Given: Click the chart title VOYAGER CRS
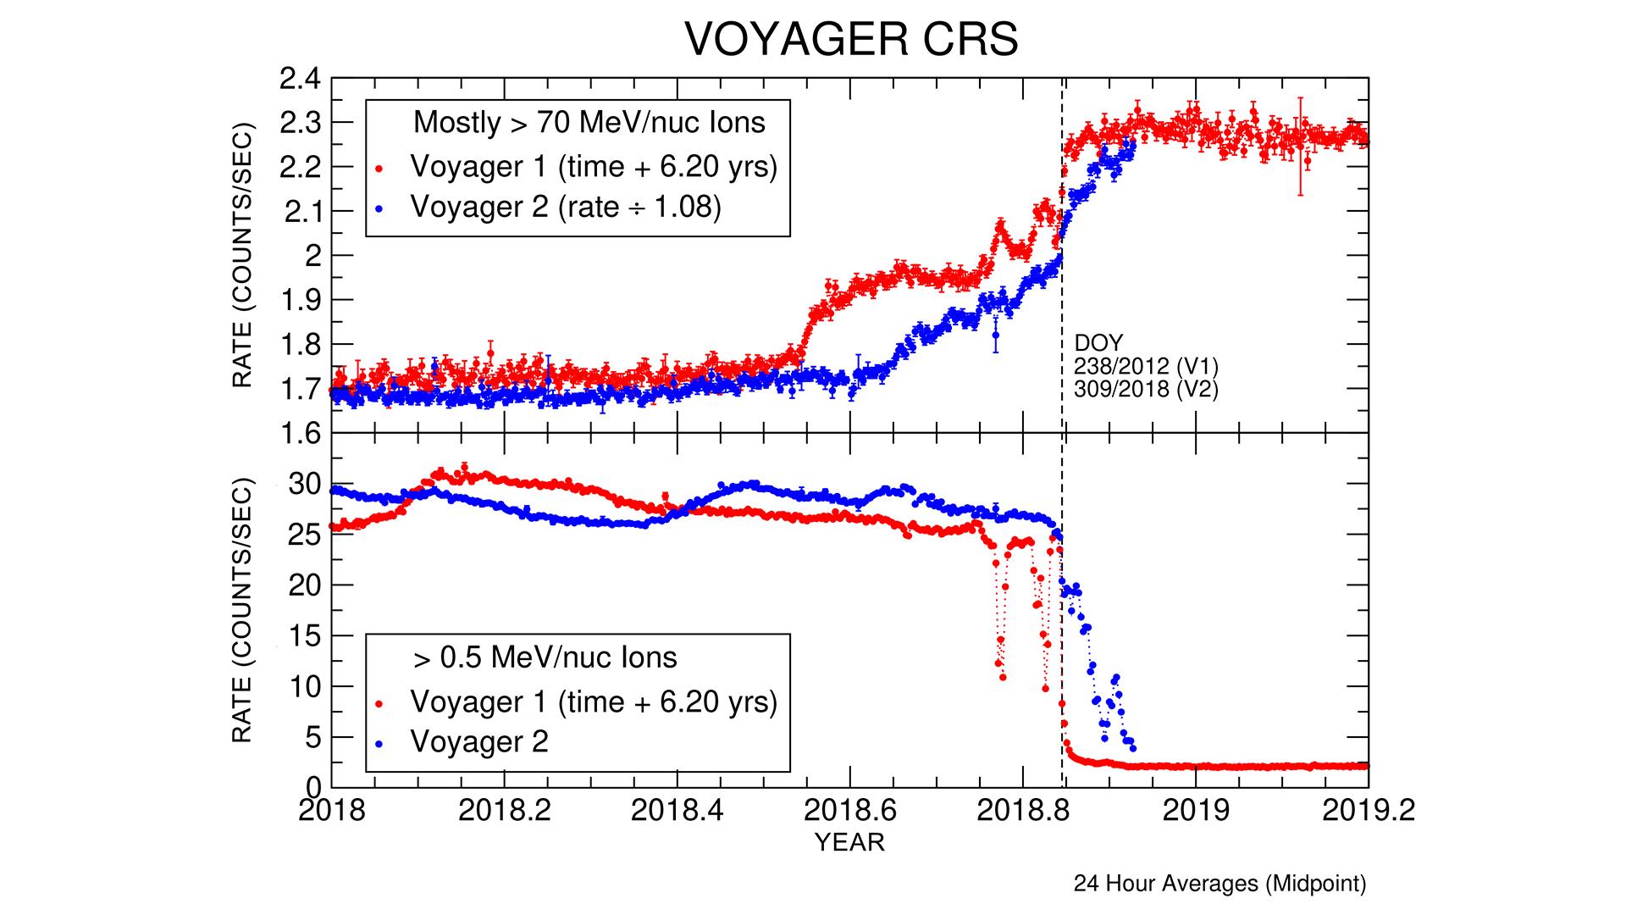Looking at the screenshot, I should [x=850, y=40].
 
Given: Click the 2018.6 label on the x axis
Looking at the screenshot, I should [x=849, y=810].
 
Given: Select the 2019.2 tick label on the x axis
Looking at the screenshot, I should [x=1365, y=810].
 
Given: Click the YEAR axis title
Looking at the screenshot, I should [x=849, y=842].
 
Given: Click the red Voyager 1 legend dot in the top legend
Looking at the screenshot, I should [x=380, y=169].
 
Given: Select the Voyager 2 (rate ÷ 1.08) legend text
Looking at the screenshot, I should [x=566, y=207].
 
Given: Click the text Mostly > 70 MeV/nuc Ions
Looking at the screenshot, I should [x=589, y=123].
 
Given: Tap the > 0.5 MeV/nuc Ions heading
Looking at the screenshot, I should [x=545, y=657].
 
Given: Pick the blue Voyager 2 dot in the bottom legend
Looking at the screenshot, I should [x=380, y=743].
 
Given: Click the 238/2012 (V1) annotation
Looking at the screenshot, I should [x=1145, y=367].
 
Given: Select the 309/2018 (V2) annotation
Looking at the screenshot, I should [x=1145, y=390].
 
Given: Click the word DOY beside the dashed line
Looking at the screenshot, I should [x=1098, y=343].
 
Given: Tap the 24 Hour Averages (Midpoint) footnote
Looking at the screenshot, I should [x=1219, y=884].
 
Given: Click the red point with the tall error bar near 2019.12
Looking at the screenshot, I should [x=1300, y=140].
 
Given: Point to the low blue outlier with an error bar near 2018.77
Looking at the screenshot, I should [x=996, y=335].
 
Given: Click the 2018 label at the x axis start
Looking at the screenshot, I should [x=332, y=810].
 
